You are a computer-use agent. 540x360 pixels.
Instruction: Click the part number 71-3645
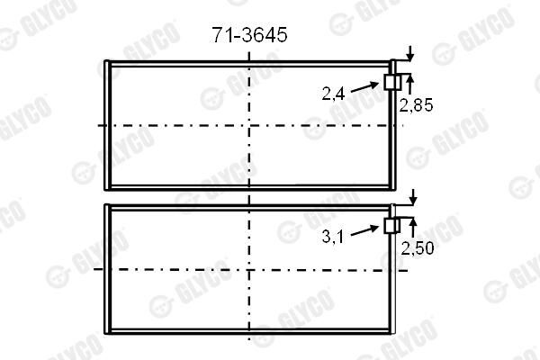click(249, 35)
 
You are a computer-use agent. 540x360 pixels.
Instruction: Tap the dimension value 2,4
click(333, 93)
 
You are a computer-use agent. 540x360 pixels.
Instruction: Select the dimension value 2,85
click(416, 105)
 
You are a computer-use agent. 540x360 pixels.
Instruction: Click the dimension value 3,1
click(333, 237)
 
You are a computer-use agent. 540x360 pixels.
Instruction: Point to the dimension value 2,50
click(417, 248)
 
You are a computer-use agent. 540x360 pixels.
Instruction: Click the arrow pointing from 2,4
click(365, 86)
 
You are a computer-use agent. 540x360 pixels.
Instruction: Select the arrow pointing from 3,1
click(365, 230)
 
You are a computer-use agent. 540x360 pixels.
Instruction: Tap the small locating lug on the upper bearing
click(392, 82)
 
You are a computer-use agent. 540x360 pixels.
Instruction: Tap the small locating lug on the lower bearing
click(391, 226)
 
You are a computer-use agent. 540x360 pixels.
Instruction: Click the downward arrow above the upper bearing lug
click(409, 53)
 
